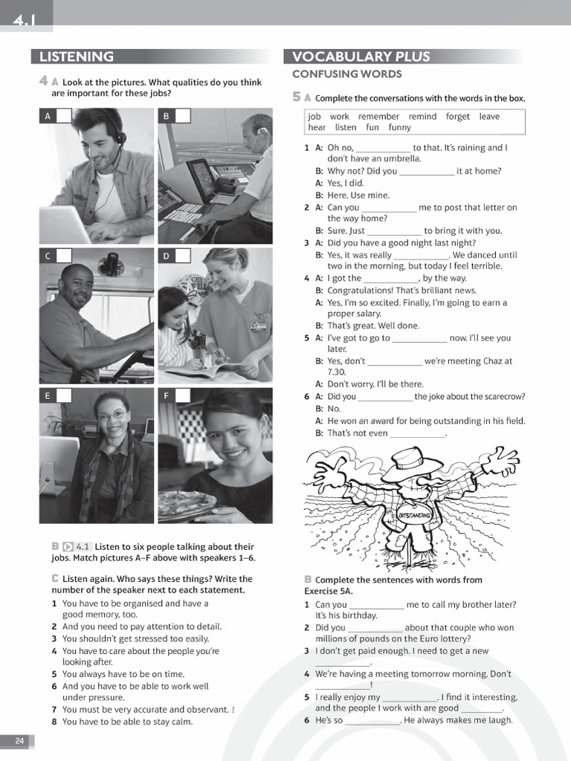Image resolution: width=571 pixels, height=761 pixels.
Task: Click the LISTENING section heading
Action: [77, 57]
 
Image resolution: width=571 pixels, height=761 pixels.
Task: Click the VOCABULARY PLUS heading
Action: [361, 57]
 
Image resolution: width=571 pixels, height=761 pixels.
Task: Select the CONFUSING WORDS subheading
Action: [346, 74]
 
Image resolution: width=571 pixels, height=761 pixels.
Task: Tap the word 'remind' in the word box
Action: [422, 117]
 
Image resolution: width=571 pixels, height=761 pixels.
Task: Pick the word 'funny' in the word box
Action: [399, 128]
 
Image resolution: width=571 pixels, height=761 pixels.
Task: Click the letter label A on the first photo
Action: [48, 116]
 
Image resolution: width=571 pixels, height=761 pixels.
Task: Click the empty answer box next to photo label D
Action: [182, 256]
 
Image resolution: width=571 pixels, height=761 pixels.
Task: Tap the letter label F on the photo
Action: [166, 396]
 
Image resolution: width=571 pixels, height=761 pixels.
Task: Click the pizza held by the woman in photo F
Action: [186, 504]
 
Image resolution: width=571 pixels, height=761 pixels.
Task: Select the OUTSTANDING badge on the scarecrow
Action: [415, 515]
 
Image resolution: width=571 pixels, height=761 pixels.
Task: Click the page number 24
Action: [19, 740]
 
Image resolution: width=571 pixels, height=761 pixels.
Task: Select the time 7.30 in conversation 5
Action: [337, 372]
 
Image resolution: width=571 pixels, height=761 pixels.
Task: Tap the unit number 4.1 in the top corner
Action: [24, 22]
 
